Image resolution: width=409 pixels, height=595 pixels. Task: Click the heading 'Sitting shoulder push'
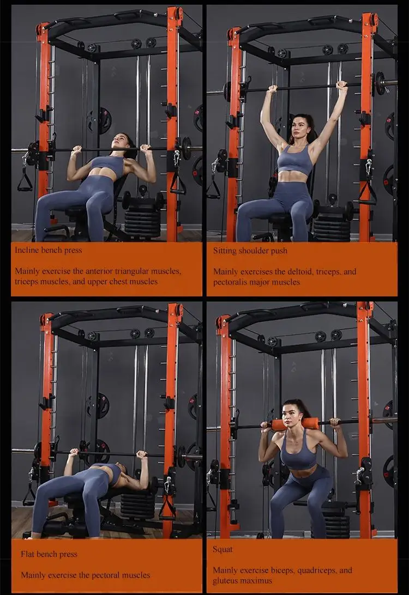(x=250, y=251)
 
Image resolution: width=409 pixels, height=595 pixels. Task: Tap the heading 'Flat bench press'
(x=49, y=554)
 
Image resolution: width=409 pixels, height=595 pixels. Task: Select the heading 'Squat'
(x=223, y=549)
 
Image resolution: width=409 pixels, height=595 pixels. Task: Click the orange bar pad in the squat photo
(x=294, y=423)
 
